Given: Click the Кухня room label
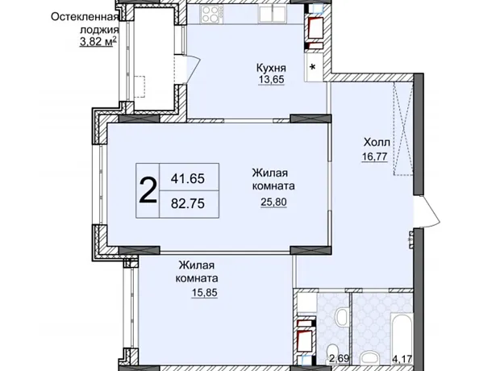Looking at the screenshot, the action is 271,68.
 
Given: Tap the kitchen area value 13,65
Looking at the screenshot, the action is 271,79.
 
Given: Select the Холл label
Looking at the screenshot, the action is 377,142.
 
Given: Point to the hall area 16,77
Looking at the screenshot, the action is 375,156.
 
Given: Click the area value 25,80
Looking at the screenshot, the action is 274,202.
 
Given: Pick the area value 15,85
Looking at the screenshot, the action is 204,292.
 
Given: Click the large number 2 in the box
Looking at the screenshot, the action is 148,190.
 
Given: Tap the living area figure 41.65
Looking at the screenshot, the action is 187,178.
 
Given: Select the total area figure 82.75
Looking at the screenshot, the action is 187,203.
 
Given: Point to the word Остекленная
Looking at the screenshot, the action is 85,17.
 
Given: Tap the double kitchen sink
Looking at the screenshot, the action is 272,14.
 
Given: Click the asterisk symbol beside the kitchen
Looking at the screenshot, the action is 313,67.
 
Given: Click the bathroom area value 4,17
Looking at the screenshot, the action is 402,360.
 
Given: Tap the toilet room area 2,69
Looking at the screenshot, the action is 340,360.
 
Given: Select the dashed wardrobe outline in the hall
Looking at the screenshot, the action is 403,128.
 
